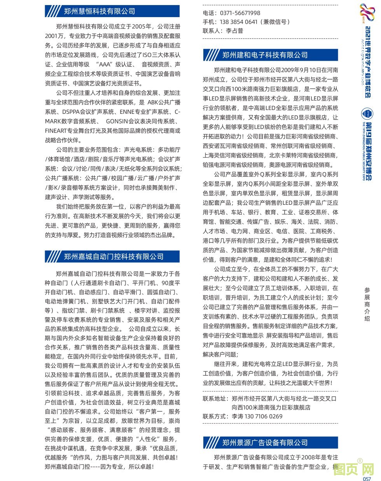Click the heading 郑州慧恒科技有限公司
click(99, 11)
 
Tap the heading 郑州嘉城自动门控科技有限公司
click(114, 256)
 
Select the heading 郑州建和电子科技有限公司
click(265, 55)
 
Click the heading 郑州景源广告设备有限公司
click(265, 443)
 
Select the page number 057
click(367, 479)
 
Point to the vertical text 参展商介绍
click(367, 304)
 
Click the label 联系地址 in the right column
click(214, 398)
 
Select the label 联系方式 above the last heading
click(214, 416)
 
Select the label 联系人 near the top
click(211, 31)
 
